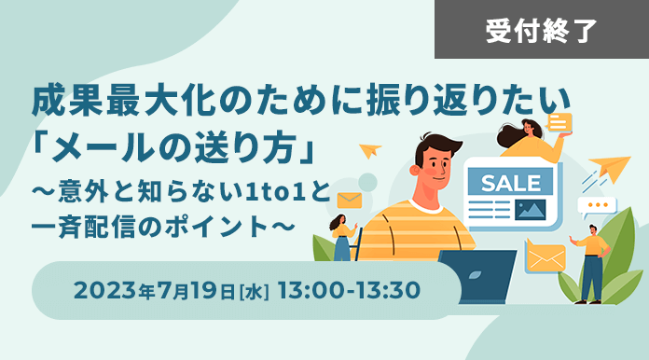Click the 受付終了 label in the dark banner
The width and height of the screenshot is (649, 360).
click(x=541, y=31)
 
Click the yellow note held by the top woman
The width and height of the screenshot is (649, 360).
click(x=559, y=123)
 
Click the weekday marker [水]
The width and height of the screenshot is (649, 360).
click(x=255, y=291)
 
